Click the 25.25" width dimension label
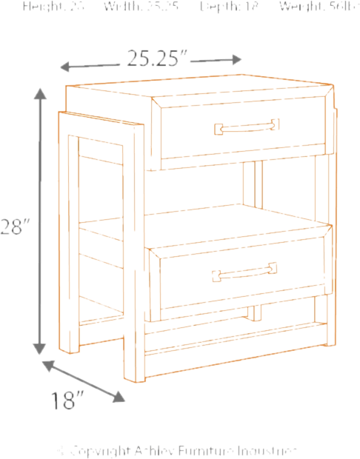tap(156, 57)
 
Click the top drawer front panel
tap(241, 129)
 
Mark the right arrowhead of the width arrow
tap(238, 58)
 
